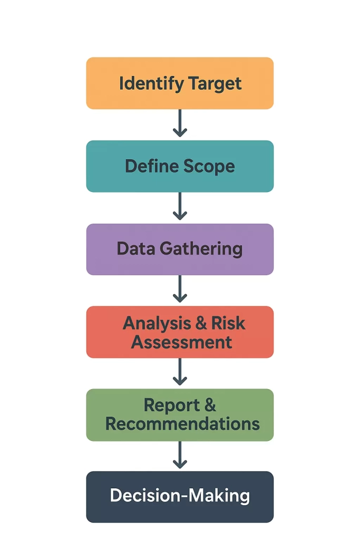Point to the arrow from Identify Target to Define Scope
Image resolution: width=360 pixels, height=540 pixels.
point(180,124)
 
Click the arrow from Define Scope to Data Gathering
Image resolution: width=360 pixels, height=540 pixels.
point(180,207)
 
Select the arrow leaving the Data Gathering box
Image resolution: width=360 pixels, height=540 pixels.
point(180,290)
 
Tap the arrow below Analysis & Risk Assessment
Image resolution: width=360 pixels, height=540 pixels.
point(180,372)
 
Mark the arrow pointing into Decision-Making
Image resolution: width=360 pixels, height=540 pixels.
point(180,455)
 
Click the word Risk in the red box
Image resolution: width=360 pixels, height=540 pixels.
point(228,323)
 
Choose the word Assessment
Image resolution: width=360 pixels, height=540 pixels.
point(182,342)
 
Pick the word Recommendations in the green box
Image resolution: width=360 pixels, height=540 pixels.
point(182,423)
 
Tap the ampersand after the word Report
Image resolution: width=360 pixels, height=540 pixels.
point(210,405)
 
